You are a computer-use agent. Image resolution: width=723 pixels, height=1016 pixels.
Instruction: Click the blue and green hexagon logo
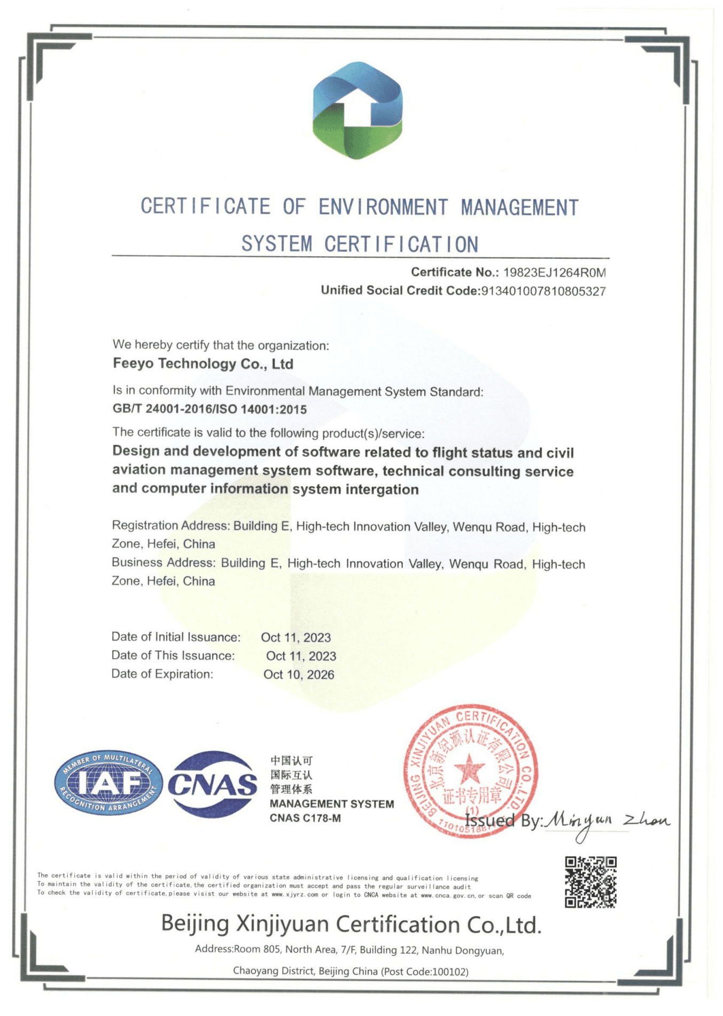click(x=357, y=111)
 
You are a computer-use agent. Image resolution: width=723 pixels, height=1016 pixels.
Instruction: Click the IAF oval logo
click(x=109, y=782)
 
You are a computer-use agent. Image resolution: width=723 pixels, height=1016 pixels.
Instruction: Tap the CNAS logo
click(x=212, y=784)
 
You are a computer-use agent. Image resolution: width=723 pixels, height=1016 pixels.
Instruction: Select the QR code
click(x=590, y=882)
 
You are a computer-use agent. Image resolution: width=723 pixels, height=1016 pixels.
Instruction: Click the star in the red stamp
click(x=469, y=770)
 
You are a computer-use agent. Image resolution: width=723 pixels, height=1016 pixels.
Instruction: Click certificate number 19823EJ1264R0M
click(x=554, y=273)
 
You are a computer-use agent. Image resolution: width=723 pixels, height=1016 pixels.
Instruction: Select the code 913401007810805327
click(x=543, y=291)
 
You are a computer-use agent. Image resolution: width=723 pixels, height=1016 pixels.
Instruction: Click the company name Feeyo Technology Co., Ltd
click(x=203, y=364)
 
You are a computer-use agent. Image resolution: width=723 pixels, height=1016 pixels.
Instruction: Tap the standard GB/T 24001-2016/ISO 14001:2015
click(x=209, y=410)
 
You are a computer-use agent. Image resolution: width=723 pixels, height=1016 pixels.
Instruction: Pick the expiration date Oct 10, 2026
click(x=299, y=675)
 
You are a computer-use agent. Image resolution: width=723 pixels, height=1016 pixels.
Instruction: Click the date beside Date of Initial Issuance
click(x=296, y=637)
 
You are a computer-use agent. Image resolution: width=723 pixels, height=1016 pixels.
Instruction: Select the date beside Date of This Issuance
click(x=301, y=656)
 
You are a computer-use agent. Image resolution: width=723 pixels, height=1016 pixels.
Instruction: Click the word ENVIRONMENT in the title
click(x=383, y=207)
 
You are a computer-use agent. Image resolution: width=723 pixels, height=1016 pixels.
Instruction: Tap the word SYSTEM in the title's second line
click(x=277, y=244)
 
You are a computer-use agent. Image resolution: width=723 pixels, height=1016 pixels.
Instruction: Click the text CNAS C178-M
click(x=305, y=818)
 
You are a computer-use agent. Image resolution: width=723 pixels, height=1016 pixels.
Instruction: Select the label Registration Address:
click(x=171, y=526)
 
